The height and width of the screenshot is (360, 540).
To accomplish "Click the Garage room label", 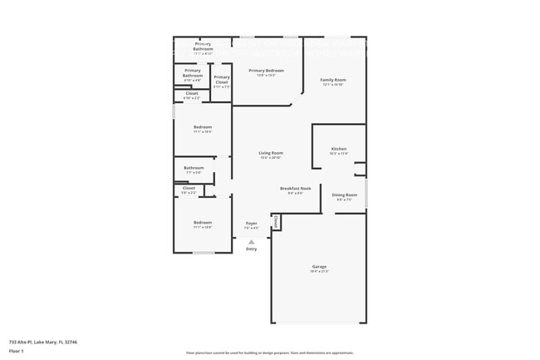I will pyautogui.click(x=318, y=266).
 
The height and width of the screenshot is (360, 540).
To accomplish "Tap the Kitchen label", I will pyautogui.click(x=338, y=149).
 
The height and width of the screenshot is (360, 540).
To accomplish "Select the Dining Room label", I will pyautogui.click(x=345, y=195).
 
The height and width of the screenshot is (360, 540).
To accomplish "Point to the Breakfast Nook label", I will pyautogui.click(x=296, y=189).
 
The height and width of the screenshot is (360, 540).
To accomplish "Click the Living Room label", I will pyautogui.click(x=271, y=153).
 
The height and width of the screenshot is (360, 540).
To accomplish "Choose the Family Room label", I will pyautogui.click(x=333, y=80).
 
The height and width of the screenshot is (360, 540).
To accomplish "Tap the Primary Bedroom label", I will pyautogui.click(x=266, y=71).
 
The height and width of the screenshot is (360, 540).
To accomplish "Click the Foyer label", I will pyautogui.click(x=251, y=223).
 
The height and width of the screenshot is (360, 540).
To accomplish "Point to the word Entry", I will pyautogui.click(x=251, y=249).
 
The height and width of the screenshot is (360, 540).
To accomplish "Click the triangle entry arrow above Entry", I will pyautogui.click(x=251, y=241).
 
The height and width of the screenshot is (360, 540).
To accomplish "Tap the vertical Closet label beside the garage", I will pyautogui.click(x=276, y=222).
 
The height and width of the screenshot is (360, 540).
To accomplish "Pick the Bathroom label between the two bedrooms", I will pyautogui.click(x=194, y=168).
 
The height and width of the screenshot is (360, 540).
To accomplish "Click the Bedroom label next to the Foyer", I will pyautogui.click(x=203, y=222).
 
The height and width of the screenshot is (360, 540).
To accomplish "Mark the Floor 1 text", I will pyautogui.click(x=17, y=351).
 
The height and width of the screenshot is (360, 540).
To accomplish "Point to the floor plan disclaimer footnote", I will pyautogui.click(x=269, y=352).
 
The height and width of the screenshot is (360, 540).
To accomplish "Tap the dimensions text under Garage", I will pyautogui.click(x=318, y=271).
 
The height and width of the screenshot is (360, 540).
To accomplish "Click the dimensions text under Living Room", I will pyautogui.click(x=271, y=158).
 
